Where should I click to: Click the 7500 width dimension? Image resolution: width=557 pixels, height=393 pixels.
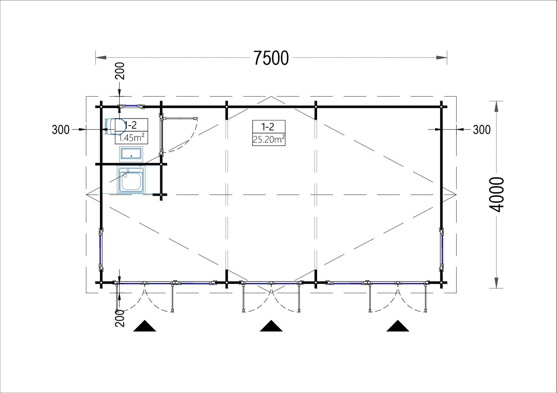point(271,58)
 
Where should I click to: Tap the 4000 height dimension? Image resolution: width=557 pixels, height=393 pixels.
point(496,194)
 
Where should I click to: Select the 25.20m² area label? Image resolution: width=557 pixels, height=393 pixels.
point(269,139)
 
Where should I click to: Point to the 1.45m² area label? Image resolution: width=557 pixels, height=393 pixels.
point(131,138)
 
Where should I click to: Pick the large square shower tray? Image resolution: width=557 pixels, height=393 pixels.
point(131,179)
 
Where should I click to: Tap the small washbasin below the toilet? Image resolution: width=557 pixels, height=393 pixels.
point(131,154)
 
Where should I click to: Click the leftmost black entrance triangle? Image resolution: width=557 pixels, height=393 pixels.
point(145,326)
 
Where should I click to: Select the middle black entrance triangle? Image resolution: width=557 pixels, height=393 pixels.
point(271,326)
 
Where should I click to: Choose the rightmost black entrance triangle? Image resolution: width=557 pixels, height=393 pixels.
point(398,326)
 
